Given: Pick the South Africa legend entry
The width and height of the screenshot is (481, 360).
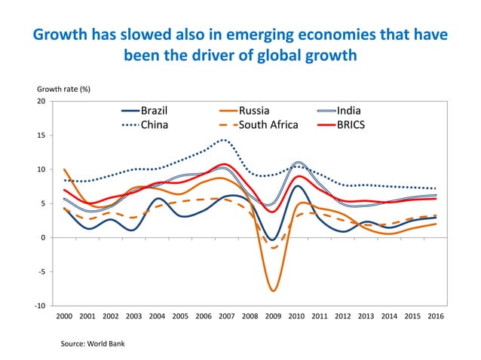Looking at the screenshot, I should coord(268,125).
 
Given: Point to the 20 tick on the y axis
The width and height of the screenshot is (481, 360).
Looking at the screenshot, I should coord(41,102).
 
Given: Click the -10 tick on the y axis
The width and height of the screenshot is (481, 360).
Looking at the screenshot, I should coord(39,306).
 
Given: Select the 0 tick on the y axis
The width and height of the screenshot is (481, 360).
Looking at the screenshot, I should coord(43,238).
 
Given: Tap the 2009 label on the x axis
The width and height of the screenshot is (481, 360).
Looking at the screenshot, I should coord(274,317).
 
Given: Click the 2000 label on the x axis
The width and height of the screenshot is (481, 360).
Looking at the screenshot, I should coord(63,317).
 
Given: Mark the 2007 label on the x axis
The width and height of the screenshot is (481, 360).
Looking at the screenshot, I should coord(227,317).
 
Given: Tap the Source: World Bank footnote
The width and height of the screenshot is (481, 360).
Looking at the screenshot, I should coord(93,343).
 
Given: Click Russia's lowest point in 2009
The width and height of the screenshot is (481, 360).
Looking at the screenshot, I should coord(274,290).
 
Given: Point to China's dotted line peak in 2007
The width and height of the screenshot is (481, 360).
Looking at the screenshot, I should coord(224,139).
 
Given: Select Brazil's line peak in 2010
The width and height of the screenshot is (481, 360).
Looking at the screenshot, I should coord(298,186).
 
